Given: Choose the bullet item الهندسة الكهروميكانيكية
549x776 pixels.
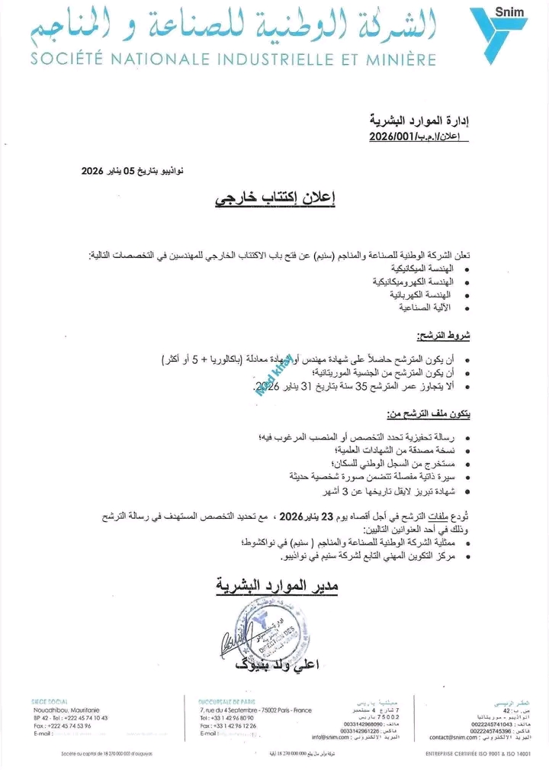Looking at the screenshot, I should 414,282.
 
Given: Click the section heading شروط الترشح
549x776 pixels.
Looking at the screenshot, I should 441,335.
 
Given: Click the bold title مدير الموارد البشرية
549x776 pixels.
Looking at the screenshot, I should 276,586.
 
